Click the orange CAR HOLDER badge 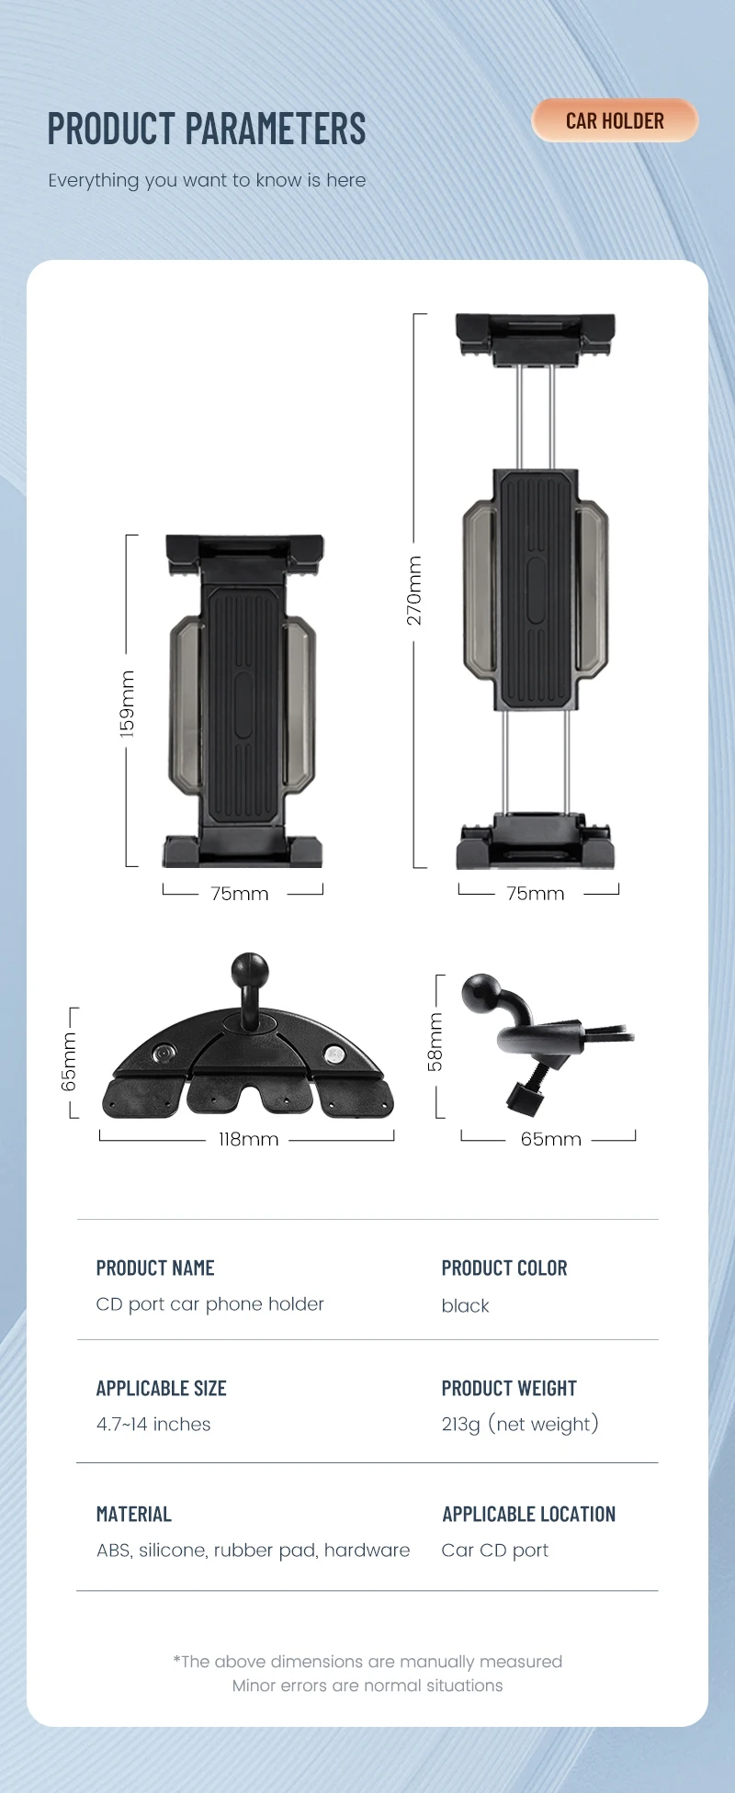tap(615, 120)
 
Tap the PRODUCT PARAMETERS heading tap(207, 129)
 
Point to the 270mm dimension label tap(414, 590)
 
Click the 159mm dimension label tap(128, 704)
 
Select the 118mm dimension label tap(248, 1139)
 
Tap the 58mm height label tap(435, 1042)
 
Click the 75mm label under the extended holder tap(536, 893)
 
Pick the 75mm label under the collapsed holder tap(240, 893)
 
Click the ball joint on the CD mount tap(249, 969)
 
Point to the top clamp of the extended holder tap(536, 336)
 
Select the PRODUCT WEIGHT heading tap(509, 1388)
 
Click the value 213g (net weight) tap(520, 1424)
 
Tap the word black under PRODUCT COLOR tap(465, 1305)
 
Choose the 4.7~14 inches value tap(153, 1424)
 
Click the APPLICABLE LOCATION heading tap(528, 1514)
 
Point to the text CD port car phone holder tap(210, 1303)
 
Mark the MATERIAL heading tap(134, 1514)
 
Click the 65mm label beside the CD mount tap(70, 1062)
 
